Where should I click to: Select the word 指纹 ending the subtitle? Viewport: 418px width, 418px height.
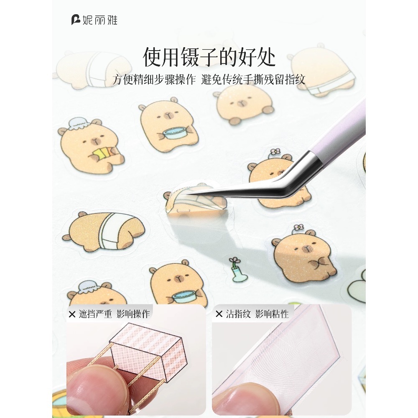click(295, 79)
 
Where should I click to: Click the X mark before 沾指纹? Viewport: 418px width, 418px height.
click(219, 314)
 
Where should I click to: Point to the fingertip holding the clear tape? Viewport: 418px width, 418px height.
click(247, 397)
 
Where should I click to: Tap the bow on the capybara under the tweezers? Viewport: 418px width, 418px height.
click(275, 152)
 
